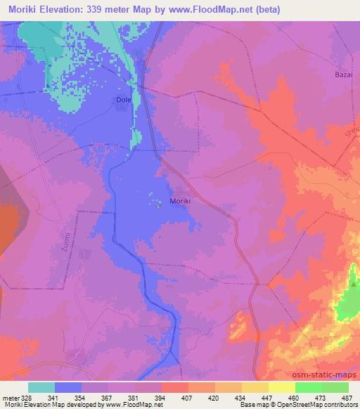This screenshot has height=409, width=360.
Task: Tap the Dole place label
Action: (123, 100)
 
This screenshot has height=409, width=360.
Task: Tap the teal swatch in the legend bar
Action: (41, 387)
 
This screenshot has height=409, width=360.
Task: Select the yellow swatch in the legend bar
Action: (255, 387)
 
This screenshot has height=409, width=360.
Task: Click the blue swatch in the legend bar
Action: (68, 387)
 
